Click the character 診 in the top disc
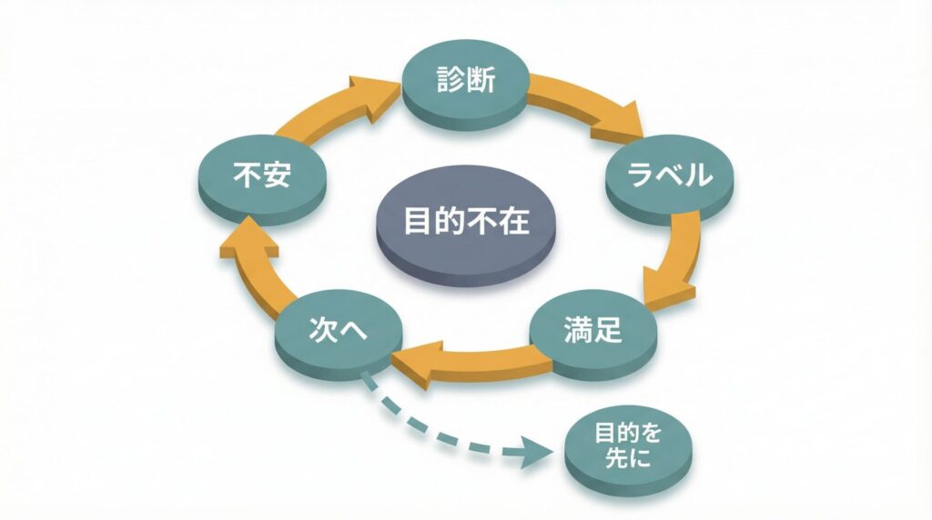[x=448, y=80]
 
